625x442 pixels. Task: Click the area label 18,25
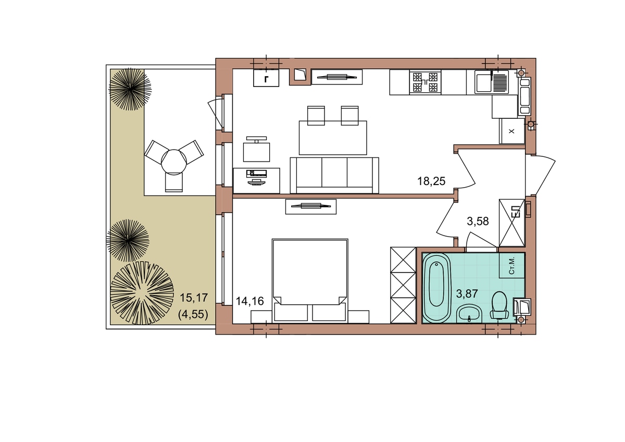[x=431, y=181]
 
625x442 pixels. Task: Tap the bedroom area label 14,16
[x=249, y=301]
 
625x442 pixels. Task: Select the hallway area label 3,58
[x=478, y=222]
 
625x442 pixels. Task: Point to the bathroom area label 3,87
[x=467, y=294]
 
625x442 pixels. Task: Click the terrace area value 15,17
[x=194, y=298]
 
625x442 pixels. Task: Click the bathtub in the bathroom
[x=436, y=288]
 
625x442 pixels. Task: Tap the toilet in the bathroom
[x=499, y=306]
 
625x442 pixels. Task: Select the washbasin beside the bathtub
[x=469, y=314]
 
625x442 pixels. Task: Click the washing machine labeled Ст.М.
[x=511, y=265]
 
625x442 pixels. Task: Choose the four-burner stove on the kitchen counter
[x=425, y=82]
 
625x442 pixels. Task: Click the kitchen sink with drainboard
[x=492, y=82]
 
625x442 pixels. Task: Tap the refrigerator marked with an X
[x=511, y=131]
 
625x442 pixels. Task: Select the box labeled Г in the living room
[x=266, y=78]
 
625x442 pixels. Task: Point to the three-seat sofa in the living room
[x=334, y=175]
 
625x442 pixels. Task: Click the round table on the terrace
[x=173, y=162]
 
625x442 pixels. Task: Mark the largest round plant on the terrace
[x=142, y=293]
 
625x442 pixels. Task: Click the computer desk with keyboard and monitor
[x=256, y=181]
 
